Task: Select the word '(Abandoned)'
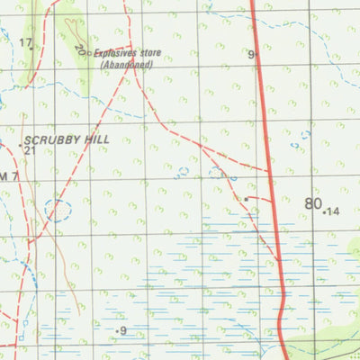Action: click(127, 65)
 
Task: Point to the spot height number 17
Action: click(24, 43)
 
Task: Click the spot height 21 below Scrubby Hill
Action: click(30, 150)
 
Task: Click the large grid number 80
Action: click(312, 203)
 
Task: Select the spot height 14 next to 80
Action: click(334, 211)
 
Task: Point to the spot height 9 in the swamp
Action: click(122, 331)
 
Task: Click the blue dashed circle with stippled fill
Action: click(58, 211)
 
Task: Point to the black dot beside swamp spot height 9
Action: click(115, 332)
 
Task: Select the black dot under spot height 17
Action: click(32, 48)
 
